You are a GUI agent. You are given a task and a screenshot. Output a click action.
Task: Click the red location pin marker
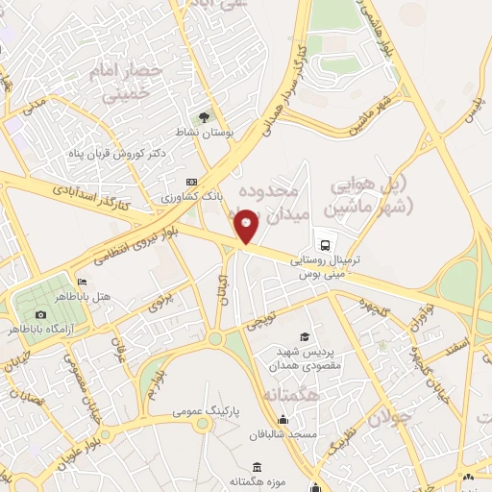tap(247, 226)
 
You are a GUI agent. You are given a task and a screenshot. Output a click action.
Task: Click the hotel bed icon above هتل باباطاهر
tap(82, 282)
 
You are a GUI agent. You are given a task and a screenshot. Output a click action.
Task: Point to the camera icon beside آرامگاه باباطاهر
tap(40, 314)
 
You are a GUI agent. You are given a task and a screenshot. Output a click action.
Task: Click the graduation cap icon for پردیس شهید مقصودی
tap(305, 336)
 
